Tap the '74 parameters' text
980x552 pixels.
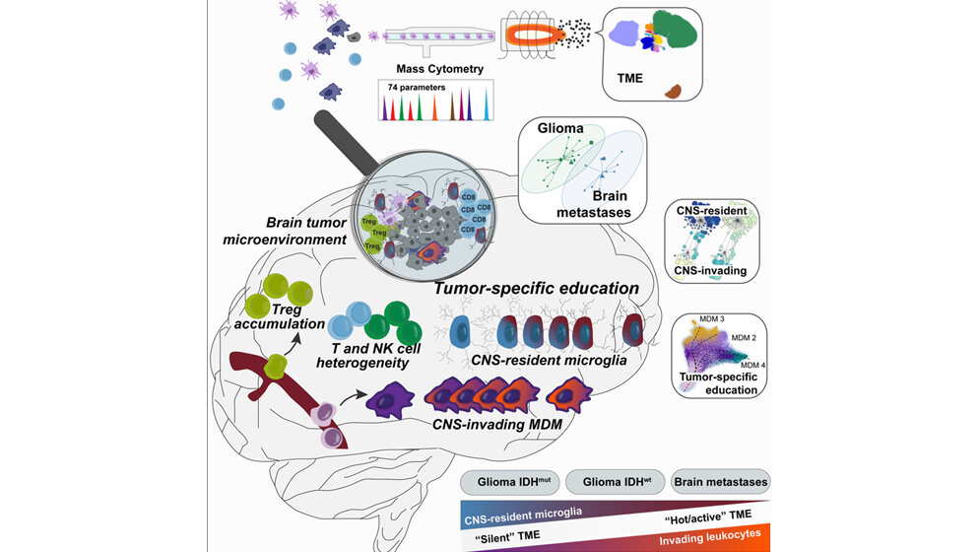[412, 88]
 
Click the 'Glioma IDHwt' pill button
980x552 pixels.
[615, 483]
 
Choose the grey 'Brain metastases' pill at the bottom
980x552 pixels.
[721, 483]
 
